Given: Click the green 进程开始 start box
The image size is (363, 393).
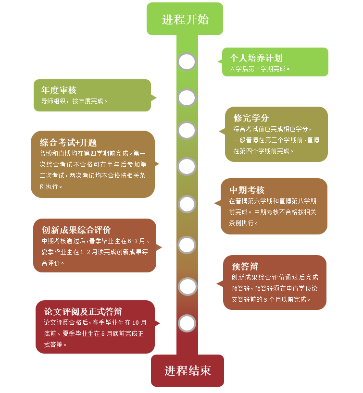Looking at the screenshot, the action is point(185,19).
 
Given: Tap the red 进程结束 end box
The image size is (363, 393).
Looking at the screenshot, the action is point(188,370).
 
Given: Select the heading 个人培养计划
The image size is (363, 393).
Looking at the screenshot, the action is point(256,58).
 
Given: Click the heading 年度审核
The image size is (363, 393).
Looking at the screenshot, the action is point(59,90).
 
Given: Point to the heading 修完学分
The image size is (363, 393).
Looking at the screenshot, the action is point(251,118).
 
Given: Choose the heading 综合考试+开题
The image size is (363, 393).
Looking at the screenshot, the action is point(68,142).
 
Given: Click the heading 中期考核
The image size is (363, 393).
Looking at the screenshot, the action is point(247,190).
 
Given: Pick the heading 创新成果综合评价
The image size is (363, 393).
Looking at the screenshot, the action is point(76,230).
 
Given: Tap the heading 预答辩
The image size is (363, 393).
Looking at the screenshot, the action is point(245,267).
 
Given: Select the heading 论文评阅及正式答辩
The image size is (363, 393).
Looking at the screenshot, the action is point(83,311).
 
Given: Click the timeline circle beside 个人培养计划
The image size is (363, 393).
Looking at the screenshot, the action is point(187,61).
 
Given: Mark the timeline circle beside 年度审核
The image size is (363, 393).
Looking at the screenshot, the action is point(187,98).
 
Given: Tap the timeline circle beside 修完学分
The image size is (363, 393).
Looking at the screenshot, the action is point(187,130).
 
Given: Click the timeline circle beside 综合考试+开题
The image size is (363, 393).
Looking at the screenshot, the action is point(187,166).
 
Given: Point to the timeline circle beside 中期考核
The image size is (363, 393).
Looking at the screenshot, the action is point(187,204).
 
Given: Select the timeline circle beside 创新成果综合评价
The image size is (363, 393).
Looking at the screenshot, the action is point(187,245).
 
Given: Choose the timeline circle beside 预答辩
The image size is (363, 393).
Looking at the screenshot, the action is point(188,286).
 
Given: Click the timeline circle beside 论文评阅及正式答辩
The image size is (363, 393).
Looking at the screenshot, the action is point(187,323).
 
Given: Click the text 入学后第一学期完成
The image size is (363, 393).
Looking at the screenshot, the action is point(260,69).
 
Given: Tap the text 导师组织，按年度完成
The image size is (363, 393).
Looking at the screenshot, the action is point(74,101).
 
